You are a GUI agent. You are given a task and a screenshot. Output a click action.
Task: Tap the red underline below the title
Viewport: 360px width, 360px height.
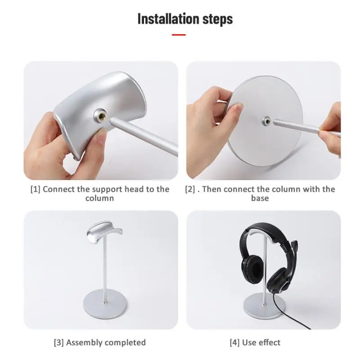click(179, 34)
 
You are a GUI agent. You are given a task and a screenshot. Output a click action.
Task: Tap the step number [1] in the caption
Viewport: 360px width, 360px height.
click(36, 189)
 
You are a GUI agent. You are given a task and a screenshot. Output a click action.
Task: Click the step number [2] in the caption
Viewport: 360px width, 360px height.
click(190, 189)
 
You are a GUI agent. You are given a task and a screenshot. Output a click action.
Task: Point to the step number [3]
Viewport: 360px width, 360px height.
click(58, 343)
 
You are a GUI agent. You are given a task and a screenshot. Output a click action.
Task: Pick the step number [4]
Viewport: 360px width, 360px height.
click(234, 343)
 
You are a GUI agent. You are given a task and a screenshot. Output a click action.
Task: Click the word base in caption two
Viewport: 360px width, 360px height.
click(260, 198)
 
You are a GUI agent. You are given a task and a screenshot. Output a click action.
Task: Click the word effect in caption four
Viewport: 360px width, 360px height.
click(269, 343)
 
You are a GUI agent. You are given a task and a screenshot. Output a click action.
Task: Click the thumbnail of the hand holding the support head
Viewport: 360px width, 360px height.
click(101, 121)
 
